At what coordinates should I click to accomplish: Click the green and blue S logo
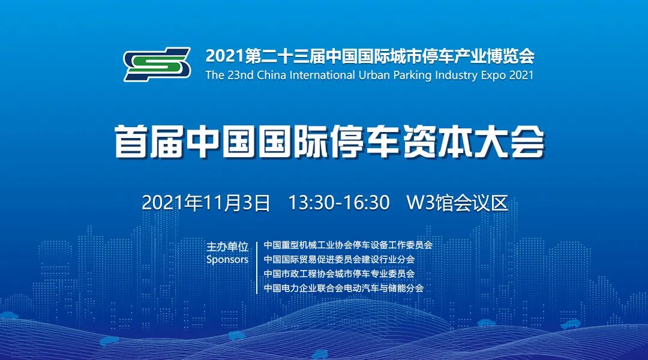[x=157, y=64]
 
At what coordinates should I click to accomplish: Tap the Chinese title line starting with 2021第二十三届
[x=370, y=56]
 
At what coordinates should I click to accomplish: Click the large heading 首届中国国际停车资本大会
[x=329, y=142]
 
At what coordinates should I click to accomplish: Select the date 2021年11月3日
[x=206, y=203]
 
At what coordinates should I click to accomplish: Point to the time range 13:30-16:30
[x=339, y=203]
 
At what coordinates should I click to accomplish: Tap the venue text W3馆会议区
[x=457, y=203]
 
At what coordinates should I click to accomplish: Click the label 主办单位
[x=227, y=247]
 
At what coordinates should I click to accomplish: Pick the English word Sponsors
[x=227, y=260]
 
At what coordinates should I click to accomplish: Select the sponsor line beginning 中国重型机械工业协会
[x=348, y=245]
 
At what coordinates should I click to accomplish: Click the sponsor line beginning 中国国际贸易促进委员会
[x=339, y=259]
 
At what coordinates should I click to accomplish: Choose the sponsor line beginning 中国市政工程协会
[x=339, y=274]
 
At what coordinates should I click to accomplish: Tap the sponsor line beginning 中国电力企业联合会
[x=344, y=288]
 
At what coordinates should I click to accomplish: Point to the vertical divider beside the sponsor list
[x=257, y=267]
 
